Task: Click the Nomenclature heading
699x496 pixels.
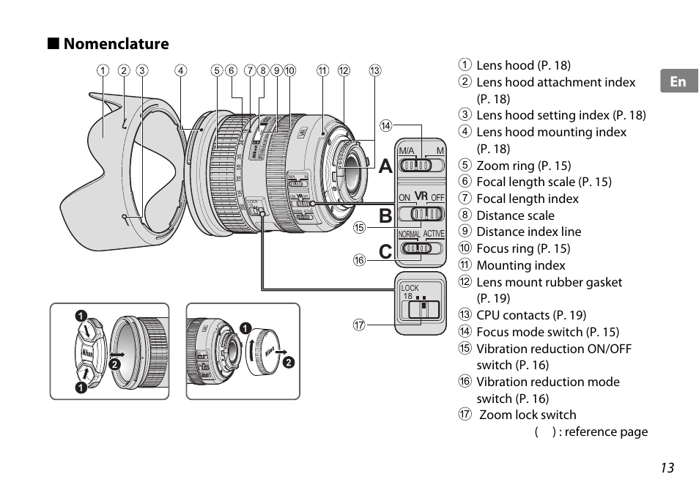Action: click(116, 44)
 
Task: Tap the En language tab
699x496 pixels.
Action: click(678, 81)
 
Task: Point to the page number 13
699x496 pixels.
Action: click(666, 468)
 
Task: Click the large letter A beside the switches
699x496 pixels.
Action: click(386, 166)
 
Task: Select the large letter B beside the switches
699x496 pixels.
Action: click(386, 216)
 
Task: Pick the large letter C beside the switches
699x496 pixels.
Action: click(386, 252)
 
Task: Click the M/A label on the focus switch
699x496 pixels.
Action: click(407, 151)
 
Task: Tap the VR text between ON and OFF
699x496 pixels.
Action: click(421, 196)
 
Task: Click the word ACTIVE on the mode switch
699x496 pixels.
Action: click(434, 234)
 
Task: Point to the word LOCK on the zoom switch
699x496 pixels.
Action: click(410, 288)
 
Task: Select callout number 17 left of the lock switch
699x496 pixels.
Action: click(359, 325)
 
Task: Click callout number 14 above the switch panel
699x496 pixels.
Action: click(385, 126)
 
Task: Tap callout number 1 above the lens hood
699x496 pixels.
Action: click(103, 71)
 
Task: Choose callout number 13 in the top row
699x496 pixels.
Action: click(375, 71)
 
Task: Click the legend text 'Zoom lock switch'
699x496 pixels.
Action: click(528, 415)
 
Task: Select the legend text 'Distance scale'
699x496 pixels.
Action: click(515, 215)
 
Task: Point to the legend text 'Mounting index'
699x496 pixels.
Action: click(521, 265)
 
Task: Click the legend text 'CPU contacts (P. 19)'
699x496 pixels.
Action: click(531, 315)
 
